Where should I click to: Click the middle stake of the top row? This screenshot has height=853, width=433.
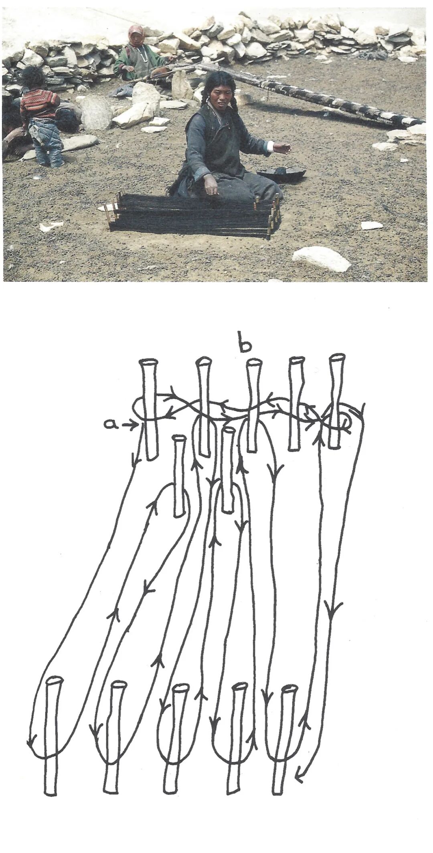252,405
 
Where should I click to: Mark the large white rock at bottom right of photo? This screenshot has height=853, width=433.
322,259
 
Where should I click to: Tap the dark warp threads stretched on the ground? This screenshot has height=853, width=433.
192,217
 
